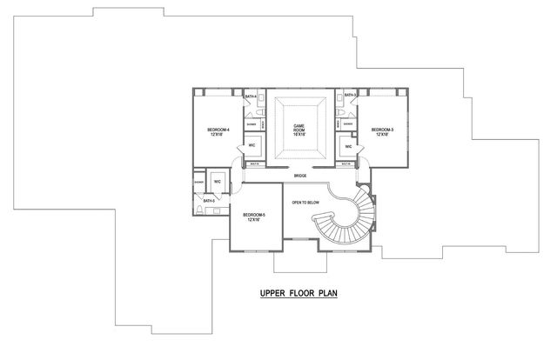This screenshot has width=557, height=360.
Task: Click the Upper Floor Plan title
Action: pyautogui.click(x=299, y=293)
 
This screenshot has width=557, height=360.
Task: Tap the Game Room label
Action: pyautogui.click(x=299, y=128)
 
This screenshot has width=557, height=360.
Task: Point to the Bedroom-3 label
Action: pyautogui.click(x=382, y=130)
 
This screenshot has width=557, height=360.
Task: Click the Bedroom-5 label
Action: pyautogui.click(x=254, y=214)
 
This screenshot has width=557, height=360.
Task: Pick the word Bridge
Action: pyautogui.click(x=299, y=175)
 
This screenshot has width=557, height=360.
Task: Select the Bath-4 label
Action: pyautogui.click(x=250, y=95)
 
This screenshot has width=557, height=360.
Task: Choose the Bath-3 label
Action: pyautogui.click(x=350, y=95)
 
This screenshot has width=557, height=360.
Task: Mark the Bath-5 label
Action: pyautogui.click(x=209, y=200)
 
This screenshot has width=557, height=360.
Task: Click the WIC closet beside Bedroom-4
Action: pyautogui.click(x=252, y=144)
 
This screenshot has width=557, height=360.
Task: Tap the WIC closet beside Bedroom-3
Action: pyautogui.click(x=348, y=146)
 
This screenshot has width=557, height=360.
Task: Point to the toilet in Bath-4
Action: pyautogui.click(x=259, y=113)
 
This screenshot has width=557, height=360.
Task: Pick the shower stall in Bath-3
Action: pyautogui.click(x=347, y=123)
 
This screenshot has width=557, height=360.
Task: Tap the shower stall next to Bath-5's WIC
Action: pyautogui.click(x=199, y=183)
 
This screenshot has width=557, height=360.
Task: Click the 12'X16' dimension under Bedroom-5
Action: pyautogui.click(x=254, y=220)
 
